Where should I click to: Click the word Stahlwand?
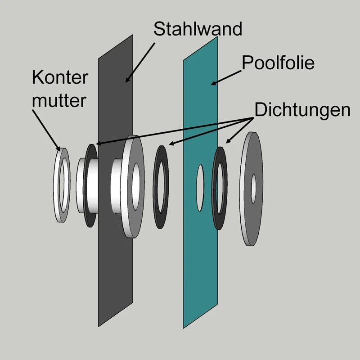tap(198, 28)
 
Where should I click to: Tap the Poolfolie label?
tap(278, 63)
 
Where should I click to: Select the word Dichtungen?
tap(302, 110)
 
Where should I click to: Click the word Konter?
tap(60, 77)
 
